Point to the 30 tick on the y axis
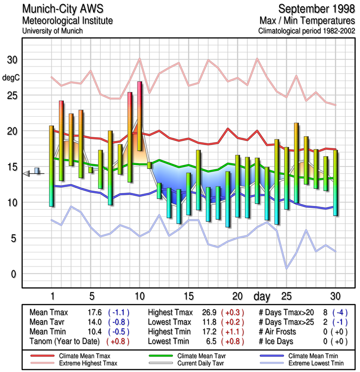click(12, 60)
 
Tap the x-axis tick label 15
click(188, 296)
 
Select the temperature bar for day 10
click(139, 116)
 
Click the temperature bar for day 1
click(52, 166)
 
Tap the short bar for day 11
click(149, 165)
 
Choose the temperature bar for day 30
click(335, 182)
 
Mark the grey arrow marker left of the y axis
click(26, 173)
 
